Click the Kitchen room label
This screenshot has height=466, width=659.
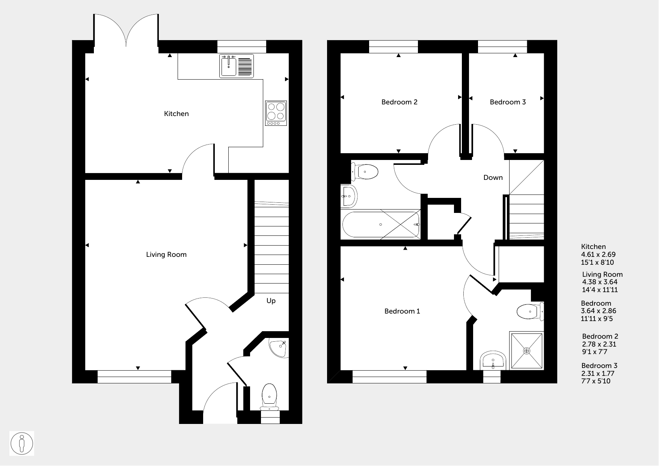176,114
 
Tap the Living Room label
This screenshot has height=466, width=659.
166,255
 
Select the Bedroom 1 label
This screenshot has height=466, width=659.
402,311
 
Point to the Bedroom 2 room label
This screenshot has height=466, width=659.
399,102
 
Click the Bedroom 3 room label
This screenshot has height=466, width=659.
508,102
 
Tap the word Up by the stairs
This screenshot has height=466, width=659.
271,301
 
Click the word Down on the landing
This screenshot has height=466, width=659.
493,178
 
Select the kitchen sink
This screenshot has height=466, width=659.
237,66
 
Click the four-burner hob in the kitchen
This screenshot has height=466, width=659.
276,113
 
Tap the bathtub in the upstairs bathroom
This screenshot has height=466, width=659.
381,225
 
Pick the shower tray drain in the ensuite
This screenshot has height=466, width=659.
526,351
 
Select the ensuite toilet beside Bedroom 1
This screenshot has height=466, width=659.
530,311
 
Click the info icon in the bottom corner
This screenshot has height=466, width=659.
22,443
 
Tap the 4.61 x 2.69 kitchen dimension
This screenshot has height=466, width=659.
599,255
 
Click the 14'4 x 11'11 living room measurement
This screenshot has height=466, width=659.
600,290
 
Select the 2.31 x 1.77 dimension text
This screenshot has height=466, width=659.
598,373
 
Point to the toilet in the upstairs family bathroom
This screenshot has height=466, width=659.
364,172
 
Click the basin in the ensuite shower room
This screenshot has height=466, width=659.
493,361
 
